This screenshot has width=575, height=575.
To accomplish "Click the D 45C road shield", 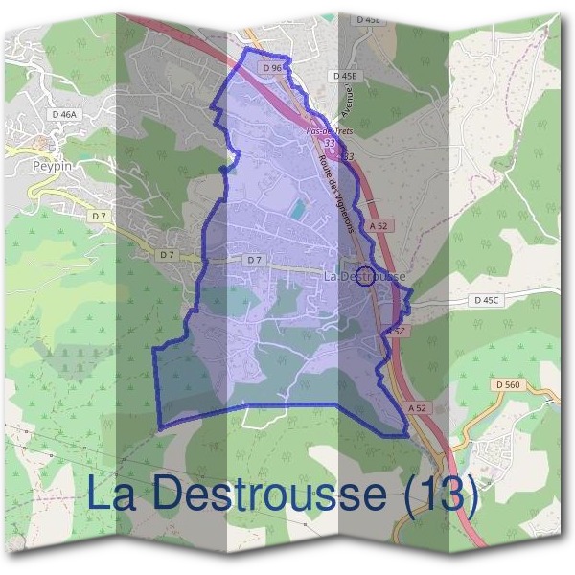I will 488,300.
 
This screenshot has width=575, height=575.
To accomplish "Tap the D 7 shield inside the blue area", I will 253,260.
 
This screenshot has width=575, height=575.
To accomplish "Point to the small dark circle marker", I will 364,278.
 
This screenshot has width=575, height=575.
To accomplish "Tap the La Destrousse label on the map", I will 365,276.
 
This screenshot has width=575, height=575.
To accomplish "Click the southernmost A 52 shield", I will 416,407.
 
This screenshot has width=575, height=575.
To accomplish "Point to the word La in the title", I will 111,495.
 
